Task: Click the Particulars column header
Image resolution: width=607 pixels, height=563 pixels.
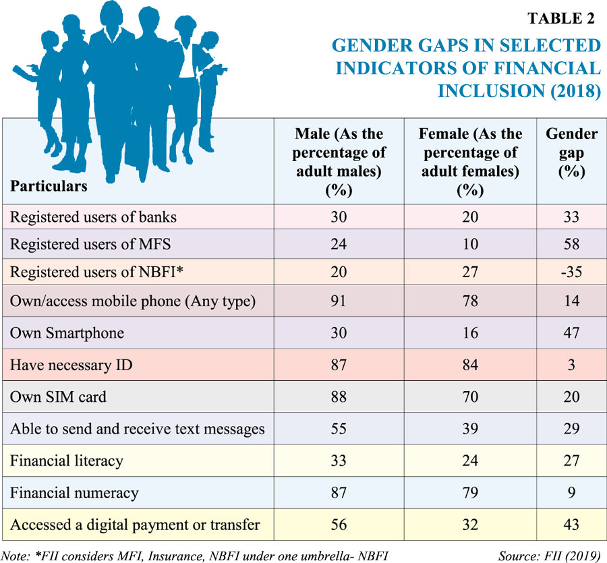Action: pos(49,185)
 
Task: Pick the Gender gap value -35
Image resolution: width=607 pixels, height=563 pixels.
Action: pos(571,276)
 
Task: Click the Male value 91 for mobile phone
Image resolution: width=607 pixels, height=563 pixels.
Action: pos(339,301)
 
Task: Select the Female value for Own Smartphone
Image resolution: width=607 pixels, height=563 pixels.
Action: pos(470,333)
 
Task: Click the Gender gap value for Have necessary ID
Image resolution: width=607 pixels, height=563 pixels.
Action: pos(571,365)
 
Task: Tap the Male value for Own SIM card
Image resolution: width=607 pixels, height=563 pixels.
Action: pos(339,396)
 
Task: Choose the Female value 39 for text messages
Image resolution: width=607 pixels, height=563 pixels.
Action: pos(470,428)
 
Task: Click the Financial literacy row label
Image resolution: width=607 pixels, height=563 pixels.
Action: pos(66,461)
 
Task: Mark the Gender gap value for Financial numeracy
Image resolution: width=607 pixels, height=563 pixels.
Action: pos(571,492)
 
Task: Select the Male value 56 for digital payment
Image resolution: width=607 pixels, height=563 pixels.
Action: pos(339,524)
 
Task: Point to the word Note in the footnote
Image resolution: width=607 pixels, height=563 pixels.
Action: pos(16,555)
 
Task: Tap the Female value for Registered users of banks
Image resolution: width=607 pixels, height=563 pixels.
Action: pos(470,216)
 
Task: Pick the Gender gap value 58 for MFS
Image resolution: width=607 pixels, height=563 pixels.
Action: pos(571,244)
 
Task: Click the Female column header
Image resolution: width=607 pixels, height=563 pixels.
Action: pos(470,162)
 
